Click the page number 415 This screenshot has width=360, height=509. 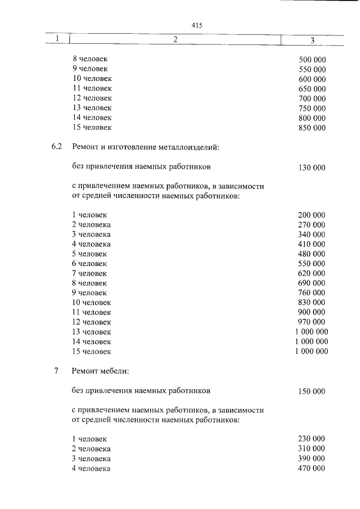tap(196, 25)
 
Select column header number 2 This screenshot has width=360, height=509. tap(175, 39)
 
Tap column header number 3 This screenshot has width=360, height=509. tap(312, 40)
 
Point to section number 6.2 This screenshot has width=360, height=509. tap(56, 147)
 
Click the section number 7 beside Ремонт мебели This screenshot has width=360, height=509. tap(56, 371)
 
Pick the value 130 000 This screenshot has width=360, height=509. tap(312, 167)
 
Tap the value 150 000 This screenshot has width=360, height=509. tap(312, 391)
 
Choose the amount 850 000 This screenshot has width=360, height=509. tap(312, 128)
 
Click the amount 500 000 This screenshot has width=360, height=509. tap(312, 60)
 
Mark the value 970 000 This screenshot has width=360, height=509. tap(312, 322)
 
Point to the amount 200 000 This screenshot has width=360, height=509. tap(312, 215)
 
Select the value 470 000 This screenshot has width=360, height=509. tap(312, 468)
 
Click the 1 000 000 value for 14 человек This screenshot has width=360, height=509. tap(312, 341)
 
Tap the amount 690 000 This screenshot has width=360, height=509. tap(312, 283)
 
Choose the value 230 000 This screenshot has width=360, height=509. tap(312, 439)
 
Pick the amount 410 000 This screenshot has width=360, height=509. tap(312, 244)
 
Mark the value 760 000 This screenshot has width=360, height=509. tap(312, 292)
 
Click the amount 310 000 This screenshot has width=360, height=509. tap(312, 448)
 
